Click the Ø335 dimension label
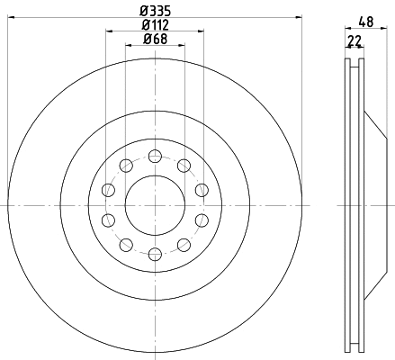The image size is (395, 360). [154, 11]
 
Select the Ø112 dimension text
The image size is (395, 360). [155, 24]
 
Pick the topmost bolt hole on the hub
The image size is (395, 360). [154, 153]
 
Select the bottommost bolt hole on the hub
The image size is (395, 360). [154, 255]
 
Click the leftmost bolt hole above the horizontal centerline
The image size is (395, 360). [109, 188]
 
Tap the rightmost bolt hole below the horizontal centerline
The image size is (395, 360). [201, 220]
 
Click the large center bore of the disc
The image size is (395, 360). [154, 204]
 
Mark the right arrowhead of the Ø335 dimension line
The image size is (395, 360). [299, 17]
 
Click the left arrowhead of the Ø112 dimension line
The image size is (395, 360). [108, 31]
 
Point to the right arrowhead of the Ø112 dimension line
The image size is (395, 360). [202, 31]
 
